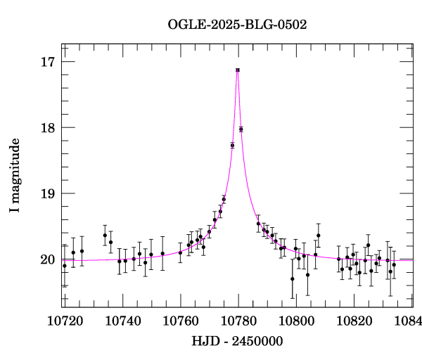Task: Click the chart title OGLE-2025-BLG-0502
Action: tap(238, 24)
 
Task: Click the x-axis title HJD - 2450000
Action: tap(238, 341)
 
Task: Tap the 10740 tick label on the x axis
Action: tap(122, 321)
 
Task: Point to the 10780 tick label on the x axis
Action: tap(238, 321)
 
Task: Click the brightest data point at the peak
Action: tap(238, 70)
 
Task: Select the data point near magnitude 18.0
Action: tap(241, 129)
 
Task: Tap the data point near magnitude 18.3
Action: tap(232, 146)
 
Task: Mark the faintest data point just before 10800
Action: tap(293, 278)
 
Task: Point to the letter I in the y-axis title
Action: tap(15, 211)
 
